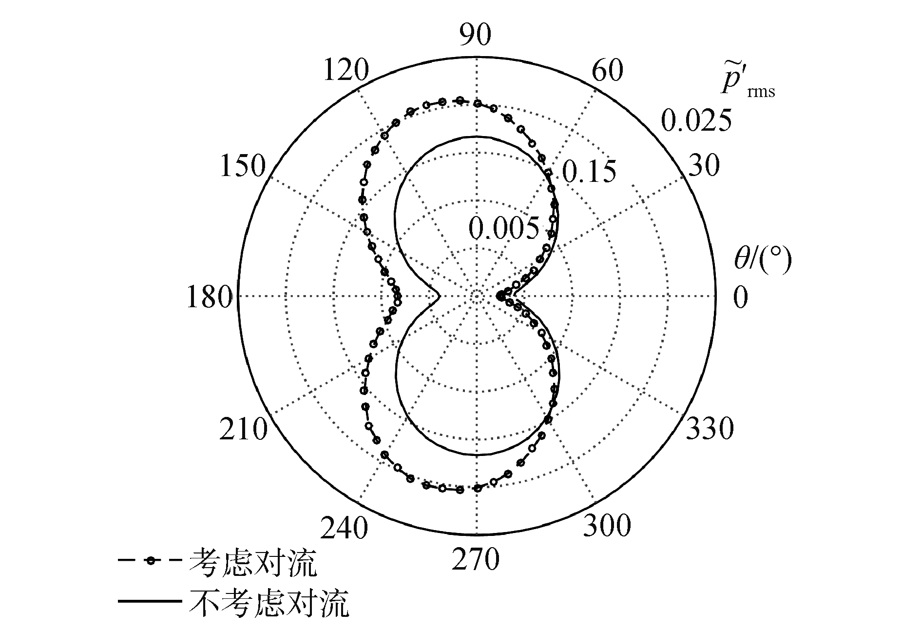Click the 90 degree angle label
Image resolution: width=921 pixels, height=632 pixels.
(x=475, y=35)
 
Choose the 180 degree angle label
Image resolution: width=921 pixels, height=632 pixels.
(x=209, y=297)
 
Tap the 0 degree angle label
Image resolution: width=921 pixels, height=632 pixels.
(x=740, y=297)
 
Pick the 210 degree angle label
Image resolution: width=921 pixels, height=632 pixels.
(x=243, y=429)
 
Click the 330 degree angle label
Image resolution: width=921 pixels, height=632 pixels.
(x=710, y=429)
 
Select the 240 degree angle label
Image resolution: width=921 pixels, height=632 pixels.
(x=345, y=528)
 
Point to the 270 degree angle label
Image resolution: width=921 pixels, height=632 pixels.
(x=475, y=559)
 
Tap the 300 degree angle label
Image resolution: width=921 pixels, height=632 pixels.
(x=607, y=526)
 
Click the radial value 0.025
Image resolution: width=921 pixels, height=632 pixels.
(x=696, y=120)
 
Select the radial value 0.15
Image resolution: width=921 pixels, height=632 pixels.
(x=589, y=172)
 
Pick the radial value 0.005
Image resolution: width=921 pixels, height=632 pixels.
(x=504, y=227)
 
